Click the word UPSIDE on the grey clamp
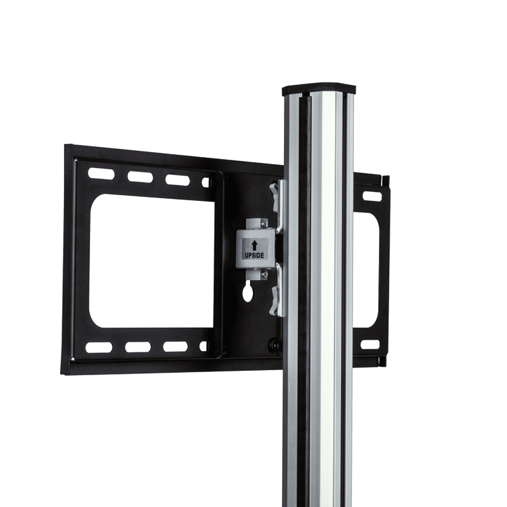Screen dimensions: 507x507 pyautogui.click(x=254, y=255)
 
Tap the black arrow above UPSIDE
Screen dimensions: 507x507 pyautogui.click(x=255, y=245)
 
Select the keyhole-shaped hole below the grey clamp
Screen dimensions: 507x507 pyautogui.click(x=247, y=291)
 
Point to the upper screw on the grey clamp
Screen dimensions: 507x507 pyautogui.click(x=264, y=223)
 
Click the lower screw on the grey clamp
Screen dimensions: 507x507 pyautogui.click(x=264, y=275)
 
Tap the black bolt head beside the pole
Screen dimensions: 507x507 pyautogui.click(x=274, y=344)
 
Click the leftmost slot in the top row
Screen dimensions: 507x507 pyautogui.click(x=101, y=174)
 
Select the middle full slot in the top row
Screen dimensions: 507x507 pyautogui.click(x=140, y=177)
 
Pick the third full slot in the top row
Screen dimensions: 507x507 pyautogui.click(x=177, y=180)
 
